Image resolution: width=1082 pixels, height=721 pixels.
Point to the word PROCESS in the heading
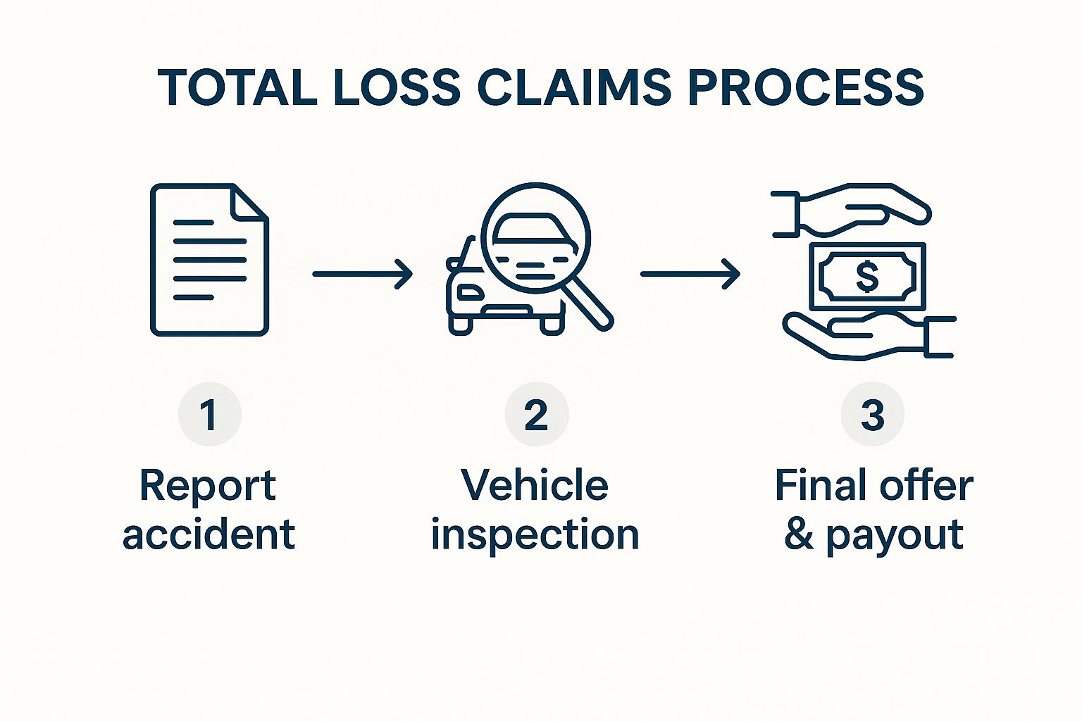pyautogui.click(x=805, y=88)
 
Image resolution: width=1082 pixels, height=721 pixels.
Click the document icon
pyautogui.click(x=209, y=261)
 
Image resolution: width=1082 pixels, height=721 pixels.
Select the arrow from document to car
pyautogui.click(x=362, y=274)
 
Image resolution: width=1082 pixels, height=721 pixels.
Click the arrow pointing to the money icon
pyautogui.click(x=690, y=274)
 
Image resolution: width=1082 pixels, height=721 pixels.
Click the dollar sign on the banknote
pyautogui.click(x=867, y=276)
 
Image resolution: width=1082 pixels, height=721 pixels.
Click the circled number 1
pyautogui.click(x=209, y=415)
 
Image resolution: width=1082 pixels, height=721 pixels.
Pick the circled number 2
pyautogui.click(x=536, y=415)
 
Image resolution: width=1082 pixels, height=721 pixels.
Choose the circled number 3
pyautogui.click(x=872, y=415)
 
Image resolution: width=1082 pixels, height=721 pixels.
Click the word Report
pyautogui.click(x=208, y=486)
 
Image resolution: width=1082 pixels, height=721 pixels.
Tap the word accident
pyautogui.click(x=209, y=534)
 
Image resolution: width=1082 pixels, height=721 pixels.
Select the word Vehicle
pyautogui.click(x=535, y=486)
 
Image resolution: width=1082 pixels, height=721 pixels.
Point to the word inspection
pyautogui.click(x=535, y=536)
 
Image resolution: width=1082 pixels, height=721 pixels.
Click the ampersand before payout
pyautogui.click(x=799, y=534)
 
